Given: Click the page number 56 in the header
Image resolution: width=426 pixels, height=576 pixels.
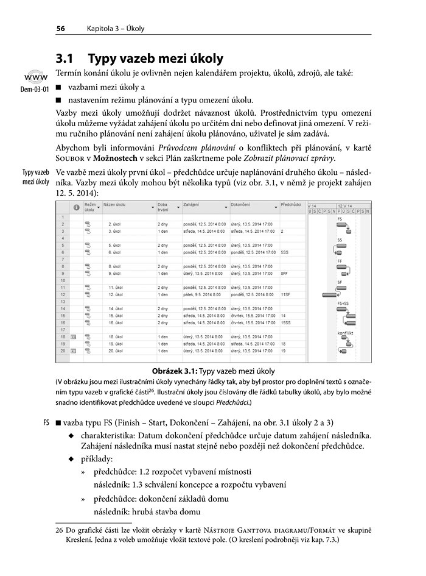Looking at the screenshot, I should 60,28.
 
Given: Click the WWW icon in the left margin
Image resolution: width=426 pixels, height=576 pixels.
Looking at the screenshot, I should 34,79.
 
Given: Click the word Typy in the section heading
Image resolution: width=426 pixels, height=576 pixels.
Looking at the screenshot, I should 107,59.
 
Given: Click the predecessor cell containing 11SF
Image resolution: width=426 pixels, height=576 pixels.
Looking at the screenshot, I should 285,294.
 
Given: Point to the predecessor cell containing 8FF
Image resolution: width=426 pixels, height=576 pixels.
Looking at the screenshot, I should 284,274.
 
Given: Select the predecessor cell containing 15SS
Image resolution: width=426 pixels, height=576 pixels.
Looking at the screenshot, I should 285,322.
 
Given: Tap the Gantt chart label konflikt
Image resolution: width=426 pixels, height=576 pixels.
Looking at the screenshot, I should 345,333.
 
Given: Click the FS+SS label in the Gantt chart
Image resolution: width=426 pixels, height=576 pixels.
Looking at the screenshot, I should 343,303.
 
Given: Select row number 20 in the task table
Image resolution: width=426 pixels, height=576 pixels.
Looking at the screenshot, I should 62,351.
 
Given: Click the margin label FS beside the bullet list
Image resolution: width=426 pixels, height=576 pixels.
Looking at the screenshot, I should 46,422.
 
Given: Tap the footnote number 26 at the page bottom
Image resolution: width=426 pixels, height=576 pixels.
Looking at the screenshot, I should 60,530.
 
